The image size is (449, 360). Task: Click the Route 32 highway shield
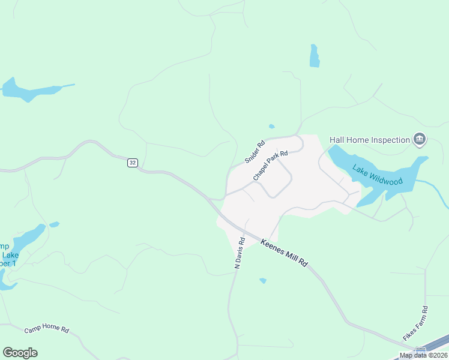(x=133, y=163)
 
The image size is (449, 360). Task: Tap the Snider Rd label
(x=255, y=152)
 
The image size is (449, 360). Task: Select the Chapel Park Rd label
(x=270, y=166)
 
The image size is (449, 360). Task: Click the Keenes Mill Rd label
(x=285, y=253)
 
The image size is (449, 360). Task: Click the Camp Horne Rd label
(x=47, y=330)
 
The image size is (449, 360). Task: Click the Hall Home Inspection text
(x=369, y=140)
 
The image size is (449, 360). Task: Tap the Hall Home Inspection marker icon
(x=420, y=140)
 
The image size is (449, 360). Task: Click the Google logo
(x=20, y=352)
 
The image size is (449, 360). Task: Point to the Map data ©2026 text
(x=423, y=355)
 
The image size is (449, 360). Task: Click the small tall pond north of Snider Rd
(x=314, y=56)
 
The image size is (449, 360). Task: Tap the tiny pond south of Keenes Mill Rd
(x=263, y=280)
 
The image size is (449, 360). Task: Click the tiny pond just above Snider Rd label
(x=272, y=127)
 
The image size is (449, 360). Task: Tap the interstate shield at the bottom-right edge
(x=421, y=350)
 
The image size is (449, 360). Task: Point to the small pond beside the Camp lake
(x=54, y=225)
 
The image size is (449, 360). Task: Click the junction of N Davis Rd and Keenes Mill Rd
(x=243, y=230)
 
